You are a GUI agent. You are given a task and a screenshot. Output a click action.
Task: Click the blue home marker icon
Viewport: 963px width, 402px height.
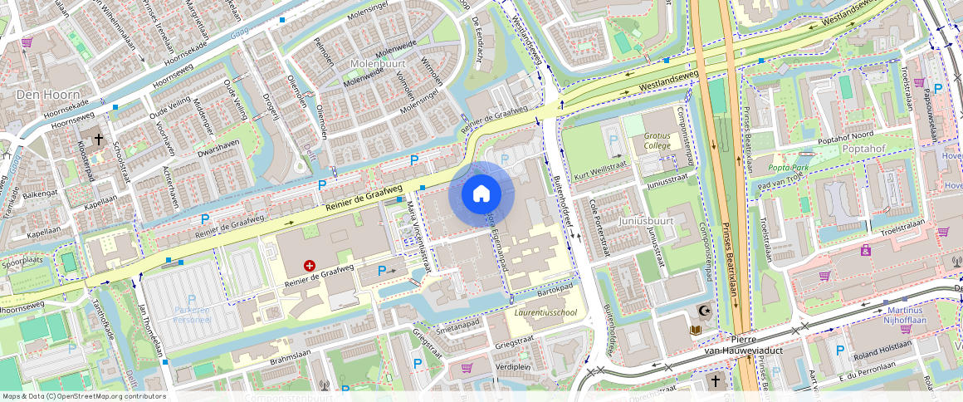point(481,194)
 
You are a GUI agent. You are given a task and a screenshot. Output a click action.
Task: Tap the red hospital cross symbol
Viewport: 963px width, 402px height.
point(310,266)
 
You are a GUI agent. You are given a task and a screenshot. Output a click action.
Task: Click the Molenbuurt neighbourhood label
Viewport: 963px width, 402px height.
point(376,63)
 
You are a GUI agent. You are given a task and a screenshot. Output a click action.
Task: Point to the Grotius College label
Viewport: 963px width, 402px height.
point(657,140)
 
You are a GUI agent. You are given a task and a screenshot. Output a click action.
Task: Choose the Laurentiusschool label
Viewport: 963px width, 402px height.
point(545,314)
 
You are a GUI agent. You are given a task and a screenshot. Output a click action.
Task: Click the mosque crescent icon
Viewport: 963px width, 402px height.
point(704,311)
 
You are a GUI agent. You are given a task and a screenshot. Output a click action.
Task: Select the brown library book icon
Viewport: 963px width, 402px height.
point(695,330)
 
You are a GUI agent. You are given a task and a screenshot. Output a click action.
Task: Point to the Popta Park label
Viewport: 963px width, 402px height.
point(789,167)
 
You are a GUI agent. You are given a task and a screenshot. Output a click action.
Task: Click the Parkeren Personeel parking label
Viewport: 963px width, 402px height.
point(190,313)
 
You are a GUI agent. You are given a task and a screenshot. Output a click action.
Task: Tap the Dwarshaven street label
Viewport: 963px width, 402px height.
point(219,148)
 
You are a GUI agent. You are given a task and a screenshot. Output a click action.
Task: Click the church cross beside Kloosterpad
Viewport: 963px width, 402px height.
point(98,139)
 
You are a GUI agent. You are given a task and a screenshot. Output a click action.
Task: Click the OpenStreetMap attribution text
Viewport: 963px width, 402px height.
point(84,396)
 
